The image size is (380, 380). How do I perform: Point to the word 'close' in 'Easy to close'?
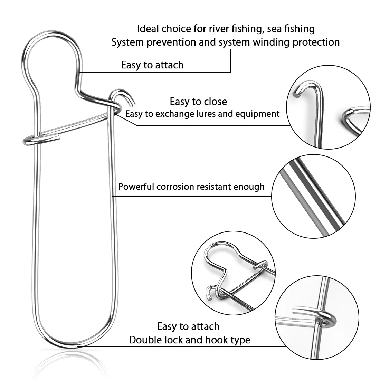click(216, 102)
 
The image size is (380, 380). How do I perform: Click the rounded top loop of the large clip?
click(51, 34)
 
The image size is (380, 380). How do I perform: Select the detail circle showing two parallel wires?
click(313, 196)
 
